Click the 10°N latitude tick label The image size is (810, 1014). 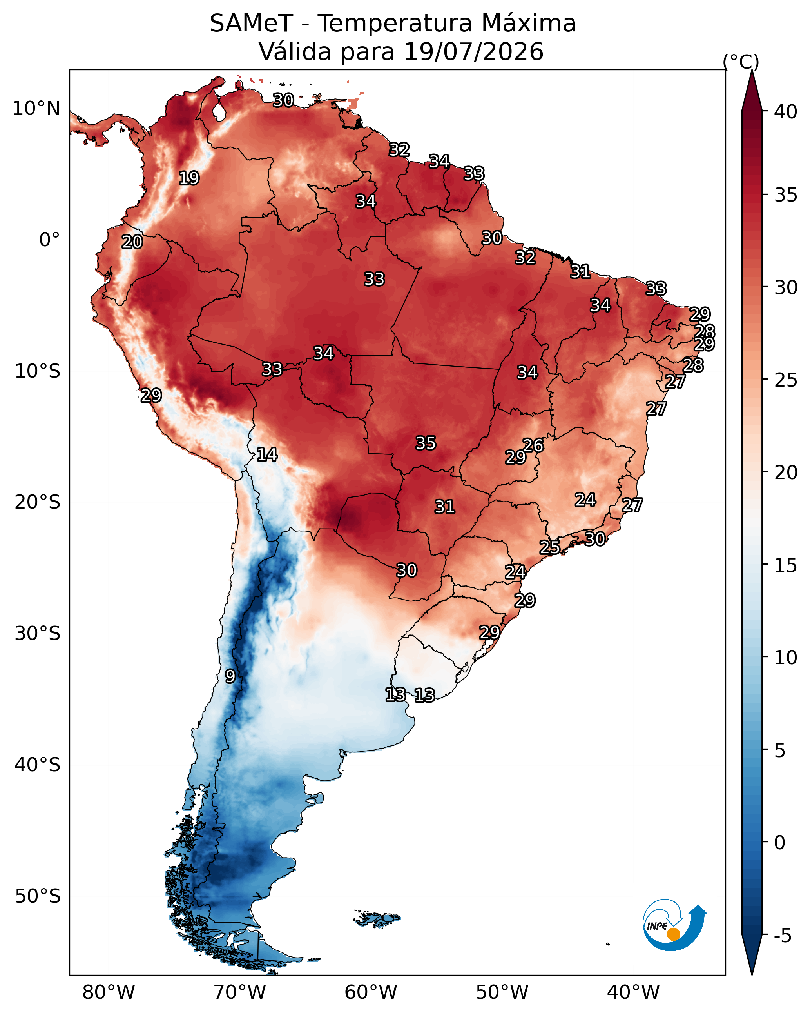pos(36,109)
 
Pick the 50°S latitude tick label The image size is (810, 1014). pos(38,896)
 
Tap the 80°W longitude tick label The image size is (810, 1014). pos(109,992)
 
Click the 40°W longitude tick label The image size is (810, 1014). pos(633,992)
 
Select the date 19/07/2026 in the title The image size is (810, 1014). pos(474,52)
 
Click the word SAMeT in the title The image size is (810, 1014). pos(252,24)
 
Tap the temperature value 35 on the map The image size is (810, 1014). pos(426,443)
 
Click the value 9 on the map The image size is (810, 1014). pos(230,676)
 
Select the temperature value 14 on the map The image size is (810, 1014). pos(267,454)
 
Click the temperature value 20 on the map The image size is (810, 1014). pos(132,242)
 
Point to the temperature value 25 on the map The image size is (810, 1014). pos(549,547)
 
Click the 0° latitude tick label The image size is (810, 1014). pos(50,240)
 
